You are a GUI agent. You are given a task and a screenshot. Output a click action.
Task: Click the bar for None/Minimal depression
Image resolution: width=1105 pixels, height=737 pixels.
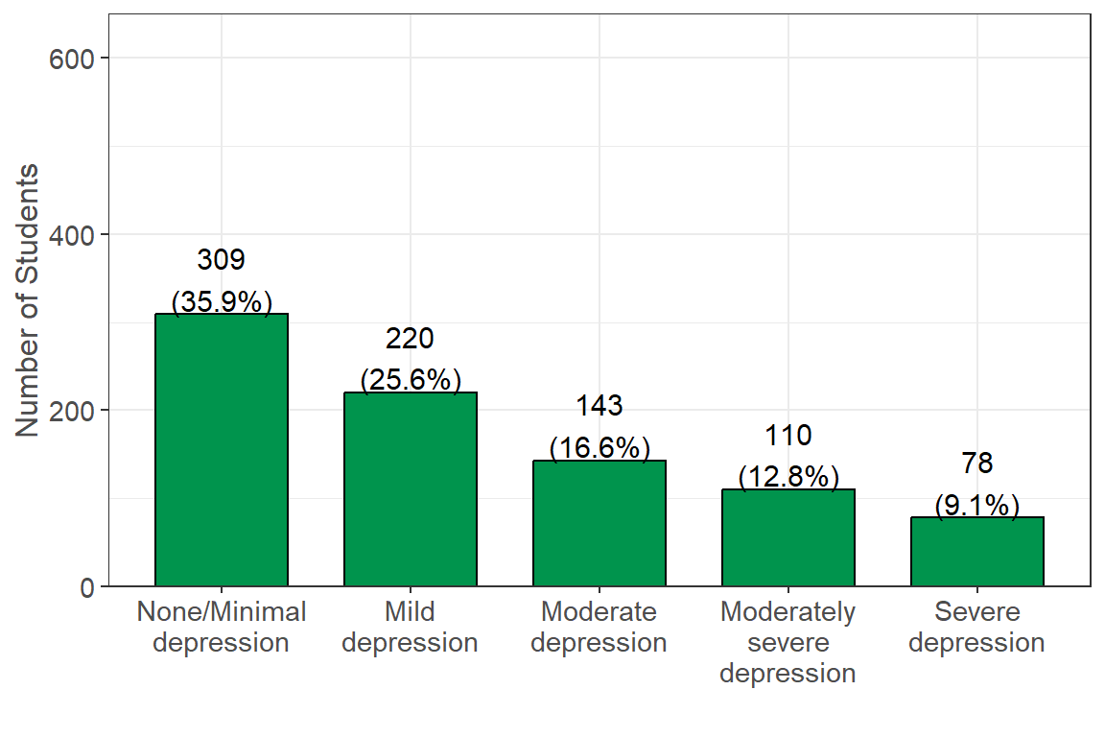point(222,450)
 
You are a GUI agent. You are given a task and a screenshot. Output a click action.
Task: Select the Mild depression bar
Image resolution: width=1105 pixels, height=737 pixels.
point(411,489)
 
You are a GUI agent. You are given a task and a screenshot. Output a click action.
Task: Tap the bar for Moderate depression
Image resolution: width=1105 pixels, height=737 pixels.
point(599,523)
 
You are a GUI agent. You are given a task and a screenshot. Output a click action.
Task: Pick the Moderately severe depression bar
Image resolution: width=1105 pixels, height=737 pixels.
point(788,537)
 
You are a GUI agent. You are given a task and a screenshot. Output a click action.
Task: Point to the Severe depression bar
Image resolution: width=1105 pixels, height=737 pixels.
point(976,552)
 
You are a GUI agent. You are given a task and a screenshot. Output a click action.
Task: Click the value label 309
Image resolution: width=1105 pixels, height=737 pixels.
point(222,259)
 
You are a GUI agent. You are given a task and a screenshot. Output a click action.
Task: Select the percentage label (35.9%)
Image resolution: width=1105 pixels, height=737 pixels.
point(222,302)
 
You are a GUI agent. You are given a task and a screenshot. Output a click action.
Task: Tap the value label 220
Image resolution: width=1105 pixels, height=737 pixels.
point(411,339)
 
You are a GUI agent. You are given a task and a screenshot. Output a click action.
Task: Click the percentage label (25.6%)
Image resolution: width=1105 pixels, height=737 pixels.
point(411,380)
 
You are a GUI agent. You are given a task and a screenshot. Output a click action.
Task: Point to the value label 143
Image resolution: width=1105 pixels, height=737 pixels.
point(599,406)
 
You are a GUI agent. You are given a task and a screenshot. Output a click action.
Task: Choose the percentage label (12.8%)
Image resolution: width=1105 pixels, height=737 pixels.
point(788,477)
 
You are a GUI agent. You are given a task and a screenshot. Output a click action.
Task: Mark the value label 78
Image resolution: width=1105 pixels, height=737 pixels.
point(976,464)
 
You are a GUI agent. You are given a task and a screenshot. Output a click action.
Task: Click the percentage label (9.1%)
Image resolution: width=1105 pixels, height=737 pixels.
point(976,505)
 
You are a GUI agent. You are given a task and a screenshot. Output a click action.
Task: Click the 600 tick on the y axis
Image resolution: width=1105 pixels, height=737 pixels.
point(72,59)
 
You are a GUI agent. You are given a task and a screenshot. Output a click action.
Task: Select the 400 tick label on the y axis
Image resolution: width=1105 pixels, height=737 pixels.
point(72,235)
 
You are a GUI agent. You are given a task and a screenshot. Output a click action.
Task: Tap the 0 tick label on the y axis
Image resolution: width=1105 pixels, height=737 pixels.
point(87,587)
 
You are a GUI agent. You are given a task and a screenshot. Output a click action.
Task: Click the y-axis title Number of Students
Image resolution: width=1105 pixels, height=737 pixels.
point(27,300)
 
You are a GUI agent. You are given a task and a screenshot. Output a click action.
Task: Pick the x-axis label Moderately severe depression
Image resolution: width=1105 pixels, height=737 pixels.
point(788,642)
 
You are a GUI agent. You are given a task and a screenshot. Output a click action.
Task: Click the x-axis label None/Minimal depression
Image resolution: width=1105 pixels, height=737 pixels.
point(222,627)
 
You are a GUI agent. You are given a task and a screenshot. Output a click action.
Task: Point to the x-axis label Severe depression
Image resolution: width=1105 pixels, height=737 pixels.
point(976,627)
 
